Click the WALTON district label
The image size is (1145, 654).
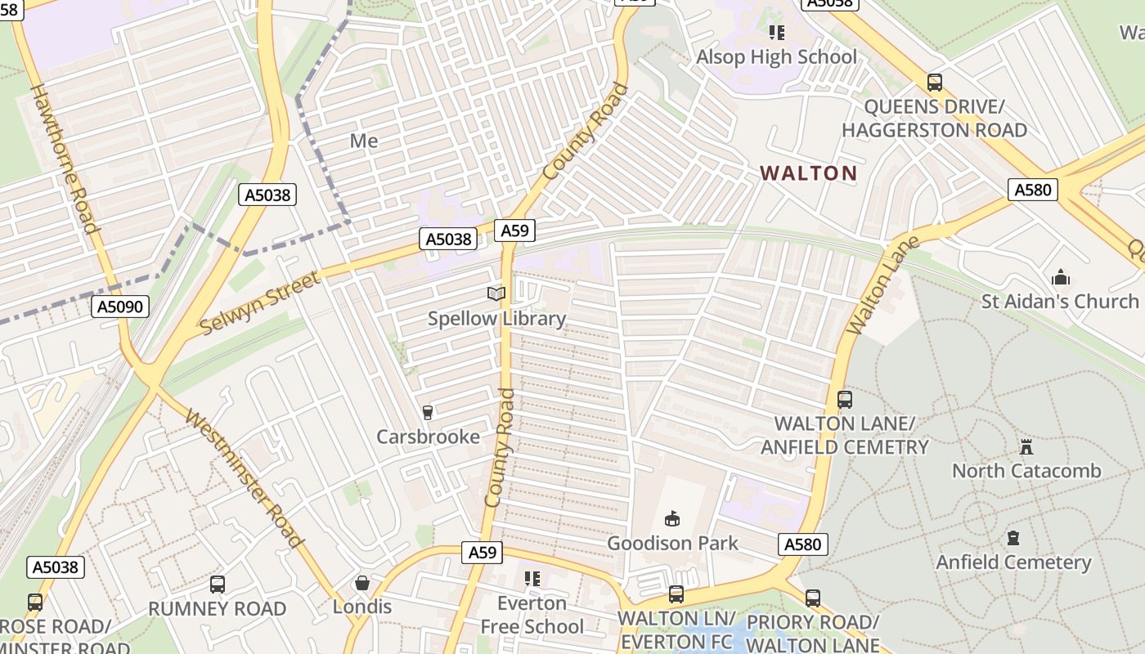[x=808, y=173]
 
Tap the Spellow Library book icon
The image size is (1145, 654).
[x=496, y=293]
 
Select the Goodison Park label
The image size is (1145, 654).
[x=672, y=543]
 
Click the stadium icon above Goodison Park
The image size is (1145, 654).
[x=672, y=518]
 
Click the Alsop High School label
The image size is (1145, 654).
[x=776, y=57]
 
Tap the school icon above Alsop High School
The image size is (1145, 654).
[x=776, y=33]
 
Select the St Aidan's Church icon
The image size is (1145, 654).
[x=1061, y=277]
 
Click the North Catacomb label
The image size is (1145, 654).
[x=1026, y=471]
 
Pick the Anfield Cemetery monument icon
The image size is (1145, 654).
[x=1013, y=538]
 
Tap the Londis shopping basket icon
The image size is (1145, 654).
[x=362, y=583]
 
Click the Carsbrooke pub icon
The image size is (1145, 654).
[x=427, y=412]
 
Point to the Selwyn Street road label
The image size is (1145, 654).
[x=260, y=304]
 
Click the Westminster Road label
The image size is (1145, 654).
[x=245, y=477]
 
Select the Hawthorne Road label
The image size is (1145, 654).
[x=64, y=158]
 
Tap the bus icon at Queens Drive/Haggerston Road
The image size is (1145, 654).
[x=934, y=83]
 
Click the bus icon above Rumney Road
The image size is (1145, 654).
[x=217, y=585]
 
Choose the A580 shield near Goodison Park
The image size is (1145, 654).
[x=804, y=544]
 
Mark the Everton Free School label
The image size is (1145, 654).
[x=532, y=615]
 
